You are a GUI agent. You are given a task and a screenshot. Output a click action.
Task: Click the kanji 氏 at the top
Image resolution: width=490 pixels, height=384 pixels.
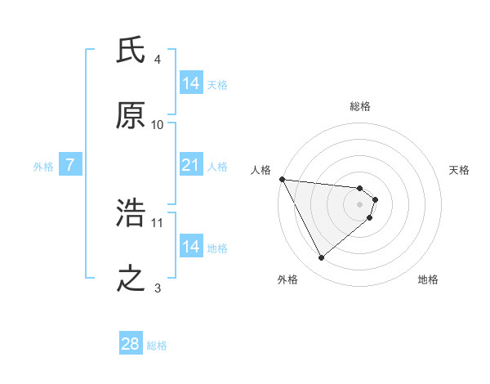131,51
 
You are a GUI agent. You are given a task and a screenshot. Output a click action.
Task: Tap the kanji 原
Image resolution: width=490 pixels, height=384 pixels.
131,116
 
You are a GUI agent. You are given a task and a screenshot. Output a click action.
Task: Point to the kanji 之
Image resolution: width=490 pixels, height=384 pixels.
131,279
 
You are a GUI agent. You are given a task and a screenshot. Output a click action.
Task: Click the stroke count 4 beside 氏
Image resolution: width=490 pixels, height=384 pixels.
158,59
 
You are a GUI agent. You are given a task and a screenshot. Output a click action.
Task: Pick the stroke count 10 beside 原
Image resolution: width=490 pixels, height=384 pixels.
158,124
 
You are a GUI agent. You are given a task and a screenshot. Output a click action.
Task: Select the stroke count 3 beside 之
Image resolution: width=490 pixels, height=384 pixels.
158,288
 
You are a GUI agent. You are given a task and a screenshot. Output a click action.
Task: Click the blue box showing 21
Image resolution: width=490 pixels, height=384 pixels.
190,165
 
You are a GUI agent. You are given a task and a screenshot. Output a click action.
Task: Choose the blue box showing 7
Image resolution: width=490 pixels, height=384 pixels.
70,165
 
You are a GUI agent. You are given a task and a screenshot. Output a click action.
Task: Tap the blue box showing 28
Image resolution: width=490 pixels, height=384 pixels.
131,344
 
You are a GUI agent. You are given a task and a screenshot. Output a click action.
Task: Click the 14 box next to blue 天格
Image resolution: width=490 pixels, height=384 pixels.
190,83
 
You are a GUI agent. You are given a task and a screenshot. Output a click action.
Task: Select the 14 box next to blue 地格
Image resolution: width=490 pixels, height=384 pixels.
190,247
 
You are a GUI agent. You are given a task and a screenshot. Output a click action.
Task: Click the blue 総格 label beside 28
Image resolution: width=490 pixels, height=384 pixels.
157,346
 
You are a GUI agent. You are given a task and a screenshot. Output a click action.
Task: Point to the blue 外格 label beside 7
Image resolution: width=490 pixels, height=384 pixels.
43,167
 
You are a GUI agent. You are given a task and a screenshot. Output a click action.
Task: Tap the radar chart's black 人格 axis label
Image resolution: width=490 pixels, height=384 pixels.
261,170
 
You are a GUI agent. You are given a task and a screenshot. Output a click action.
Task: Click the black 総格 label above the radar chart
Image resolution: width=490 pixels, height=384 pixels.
360,106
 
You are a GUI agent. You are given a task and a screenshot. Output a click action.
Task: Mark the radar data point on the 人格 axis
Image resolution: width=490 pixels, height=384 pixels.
282,179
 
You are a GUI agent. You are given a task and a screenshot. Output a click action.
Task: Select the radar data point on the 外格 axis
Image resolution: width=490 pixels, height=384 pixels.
321,258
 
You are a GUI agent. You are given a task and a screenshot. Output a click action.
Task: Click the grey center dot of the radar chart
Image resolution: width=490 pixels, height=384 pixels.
359,203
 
